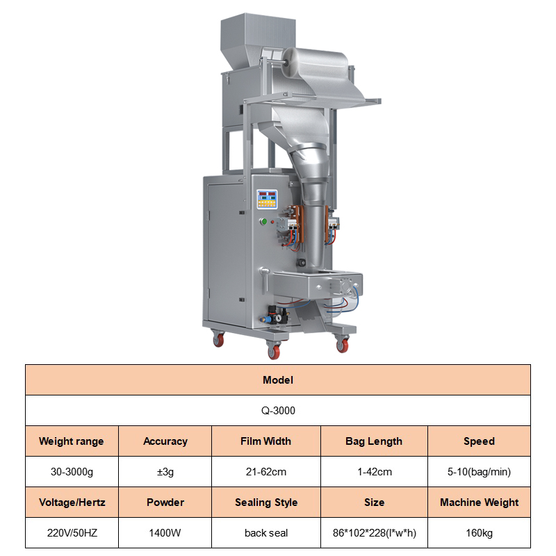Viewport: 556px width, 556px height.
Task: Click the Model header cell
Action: (277, 379)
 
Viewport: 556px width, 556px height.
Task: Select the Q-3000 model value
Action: (278, 410)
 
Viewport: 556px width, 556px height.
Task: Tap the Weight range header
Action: (72, 441)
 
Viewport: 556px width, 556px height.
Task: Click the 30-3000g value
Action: (72, 472)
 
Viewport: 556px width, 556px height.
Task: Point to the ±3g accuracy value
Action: (165, 472)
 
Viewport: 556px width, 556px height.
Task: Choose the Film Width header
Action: (266, 441)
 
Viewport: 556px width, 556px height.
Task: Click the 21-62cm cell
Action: (266, 472)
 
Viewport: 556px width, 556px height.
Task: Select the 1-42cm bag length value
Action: (375, 472)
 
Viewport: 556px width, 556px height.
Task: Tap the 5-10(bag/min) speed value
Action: (479, 472)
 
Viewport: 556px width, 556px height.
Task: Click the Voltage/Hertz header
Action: (72, 502)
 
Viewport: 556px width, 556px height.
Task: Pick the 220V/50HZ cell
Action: (72, 532)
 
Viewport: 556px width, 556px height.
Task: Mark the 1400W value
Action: (165, 532)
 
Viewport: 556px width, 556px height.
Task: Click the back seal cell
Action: (266, 532)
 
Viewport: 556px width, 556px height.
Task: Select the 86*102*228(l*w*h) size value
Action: (375, 532)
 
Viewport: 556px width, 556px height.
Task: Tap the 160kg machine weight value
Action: (479, 532)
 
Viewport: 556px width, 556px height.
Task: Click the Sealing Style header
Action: (266, 502)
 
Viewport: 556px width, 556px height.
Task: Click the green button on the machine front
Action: (263, 222)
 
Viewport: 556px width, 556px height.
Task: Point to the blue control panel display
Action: (267, 199)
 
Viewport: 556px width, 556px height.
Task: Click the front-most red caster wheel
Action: (274, 351)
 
